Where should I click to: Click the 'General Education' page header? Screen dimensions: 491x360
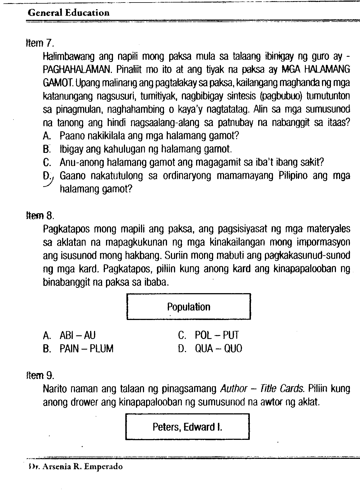[69, 13]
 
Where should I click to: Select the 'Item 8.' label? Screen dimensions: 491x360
[39, 216]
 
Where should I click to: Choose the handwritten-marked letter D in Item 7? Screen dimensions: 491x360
[46, 176]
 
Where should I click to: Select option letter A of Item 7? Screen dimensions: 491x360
[46, 136]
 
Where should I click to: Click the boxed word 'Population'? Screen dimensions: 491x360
[189, 307]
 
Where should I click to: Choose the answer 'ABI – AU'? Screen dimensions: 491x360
[77, 335]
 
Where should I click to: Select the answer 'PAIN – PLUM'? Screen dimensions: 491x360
[86, 348]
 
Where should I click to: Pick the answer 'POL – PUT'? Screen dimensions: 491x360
[217, 335]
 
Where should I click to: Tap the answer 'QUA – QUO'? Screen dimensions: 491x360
[218, 348]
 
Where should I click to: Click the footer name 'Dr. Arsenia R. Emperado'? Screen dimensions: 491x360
[76, 467]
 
